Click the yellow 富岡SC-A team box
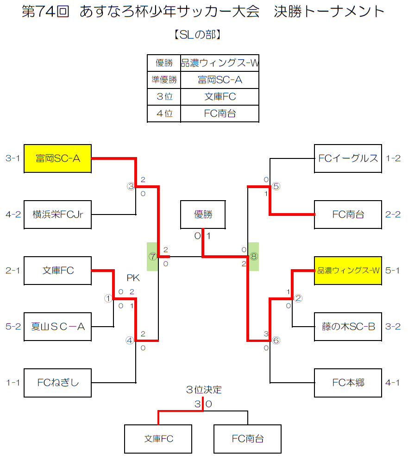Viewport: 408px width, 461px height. coord(57,158)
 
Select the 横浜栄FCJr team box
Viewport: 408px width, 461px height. coord(57,215)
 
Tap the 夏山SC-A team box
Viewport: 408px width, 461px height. coord(57,326)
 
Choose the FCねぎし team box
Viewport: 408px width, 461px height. coord(57,383)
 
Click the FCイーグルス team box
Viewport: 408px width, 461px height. coord(348,158)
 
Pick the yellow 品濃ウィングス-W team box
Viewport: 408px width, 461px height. coord(348,270)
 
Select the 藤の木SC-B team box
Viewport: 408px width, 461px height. coord(348,326)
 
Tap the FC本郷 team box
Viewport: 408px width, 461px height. coord(348,383)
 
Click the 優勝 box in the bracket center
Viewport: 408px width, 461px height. coord(203,215)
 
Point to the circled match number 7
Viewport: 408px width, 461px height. coord(152,256)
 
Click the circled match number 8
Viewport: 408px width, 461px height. coord(253,256)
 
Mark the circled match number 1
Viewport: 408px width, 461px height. coord(108,299)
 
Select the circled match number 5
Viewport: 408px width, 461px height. coord(276,186)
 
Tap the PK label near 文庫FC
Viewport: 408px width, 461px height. coord(133,278)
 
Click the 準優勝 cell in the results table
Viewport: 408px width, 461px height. coord(164,80)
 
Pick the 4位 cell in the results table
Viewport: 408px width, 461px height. coord(164,113)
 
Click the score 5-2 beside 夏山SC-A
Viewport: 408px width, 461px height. coord(13,326)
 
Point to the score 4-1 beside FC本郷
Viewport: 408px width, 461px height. coord(393,383)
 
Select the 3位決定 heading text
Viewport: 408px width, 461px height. coord(204,390)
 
